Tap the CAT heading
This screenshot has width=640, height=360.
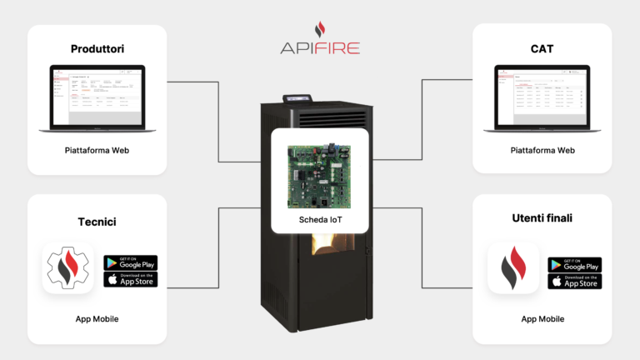(542, 48)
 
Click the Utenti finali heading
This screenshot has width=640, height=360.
(542, 218)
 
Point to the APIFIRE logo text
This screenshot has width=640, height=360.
(320, 47)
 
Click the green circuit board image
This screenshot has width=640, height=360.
(320, 177)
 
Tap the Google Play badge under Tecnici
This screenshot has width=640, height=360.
(131, 262)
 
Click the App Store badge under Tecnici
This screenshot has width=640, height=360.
(131, 279)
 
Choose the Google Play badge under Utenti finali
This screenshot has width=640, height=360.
(575, 265)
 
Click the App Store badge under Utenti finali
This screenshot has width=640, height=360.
(575, 282)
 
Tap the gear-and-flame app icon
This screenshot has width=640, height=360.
(68, 268)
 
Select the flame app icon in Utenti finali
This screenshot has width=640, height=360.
(512, 268)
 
